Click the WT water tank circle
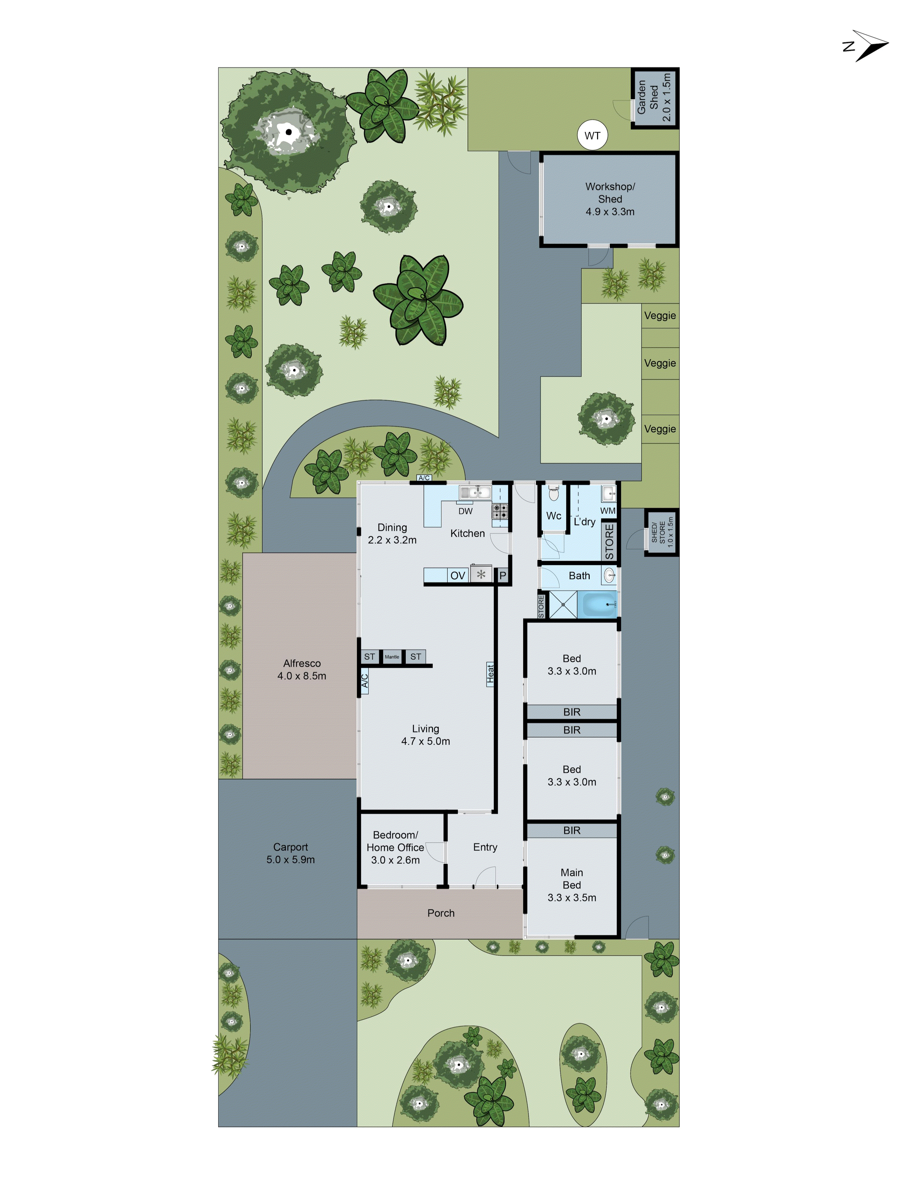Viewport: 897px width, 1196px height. click(592, 136)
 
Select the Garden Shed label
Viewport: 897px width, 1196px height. click(654, 97)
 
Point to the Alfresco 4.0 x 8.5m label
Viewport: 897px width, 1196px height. click(302, 669)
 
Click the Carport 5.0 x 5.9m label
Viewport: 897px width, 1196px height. click(290, 853)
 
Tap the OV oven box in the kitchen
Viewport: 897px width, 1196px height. click(457, 576)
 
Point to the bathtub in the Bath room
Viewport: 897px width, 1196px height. click(597, 604)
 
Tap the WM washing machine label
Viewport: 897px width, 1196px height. click(608, 510)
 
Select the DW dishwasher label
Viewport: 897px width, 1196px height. click(465, 511)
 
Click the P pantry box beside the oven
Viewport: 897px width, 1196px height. click(502, 576)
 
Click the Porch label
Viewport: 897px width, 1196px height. click(441, 913)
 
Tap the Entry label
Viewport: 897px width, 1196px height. click(485, 847)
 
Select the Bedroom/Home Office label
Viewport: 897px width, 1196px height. click(395, 847)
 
